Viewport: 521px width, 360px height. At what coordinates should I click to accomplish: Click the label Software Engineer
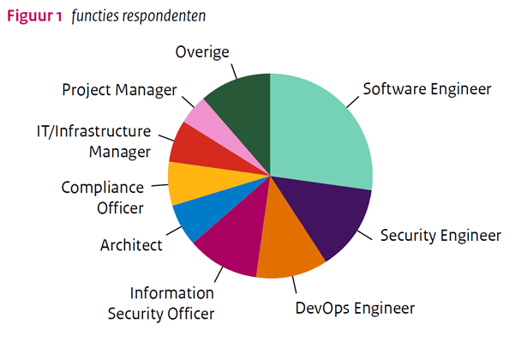[x=426, y=88]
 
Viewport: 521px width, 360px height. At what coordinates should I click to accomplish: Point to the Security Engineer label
[x=440, y=235]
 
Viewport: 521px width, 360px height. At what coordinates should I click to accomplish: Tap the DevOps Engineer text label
[x=354, y=307]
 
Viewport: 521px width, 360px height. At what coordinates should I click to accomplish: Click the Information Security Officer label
[x=160, y=303]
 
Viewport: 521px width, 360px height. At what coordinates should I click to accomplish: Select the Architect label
[x=131, y=245]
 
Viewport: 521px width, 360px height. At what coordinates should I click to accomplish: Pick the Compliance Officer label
[x=102, y=196]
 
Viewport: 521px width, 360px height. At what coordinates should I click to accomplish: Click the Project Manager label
[x=119, y=89]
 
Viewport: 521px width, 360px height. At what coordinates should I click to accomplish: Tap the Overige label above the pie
[x=202, y=52]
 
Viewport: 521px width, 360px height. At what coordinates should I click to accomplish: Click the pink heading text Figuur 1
[x=33, y=16]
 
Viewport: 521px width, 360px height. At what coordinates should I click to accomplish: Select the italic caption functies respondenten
[x=139, y=16]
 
